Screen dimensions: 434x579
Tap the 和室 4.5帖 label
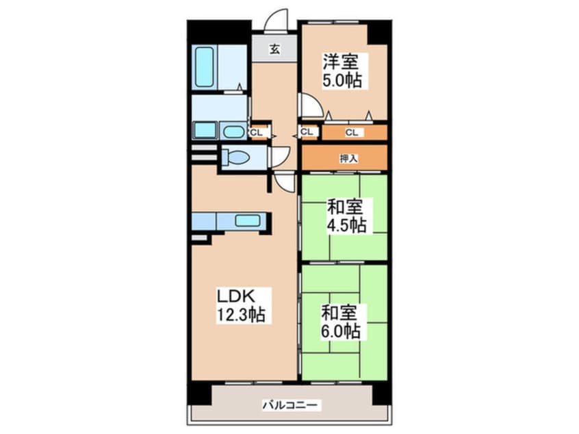346,215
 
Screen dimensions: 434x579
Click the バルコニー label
289,406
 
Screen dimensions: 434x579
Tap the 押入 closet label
348,158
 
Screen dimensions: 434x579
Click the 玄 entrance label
274,49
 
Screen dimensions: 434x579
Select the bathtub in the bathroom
205,66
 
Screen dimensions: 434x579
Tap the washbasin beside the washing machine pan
233,131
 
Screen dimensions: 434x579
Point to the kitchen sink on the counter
247,220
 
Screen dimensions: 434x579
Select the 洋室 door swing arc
310,105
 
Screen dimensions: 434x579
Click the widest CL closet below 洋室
353,132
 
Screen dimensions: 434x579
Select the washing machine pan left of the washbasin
204,130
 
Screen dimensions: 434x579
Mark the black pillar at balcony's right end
381,393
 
